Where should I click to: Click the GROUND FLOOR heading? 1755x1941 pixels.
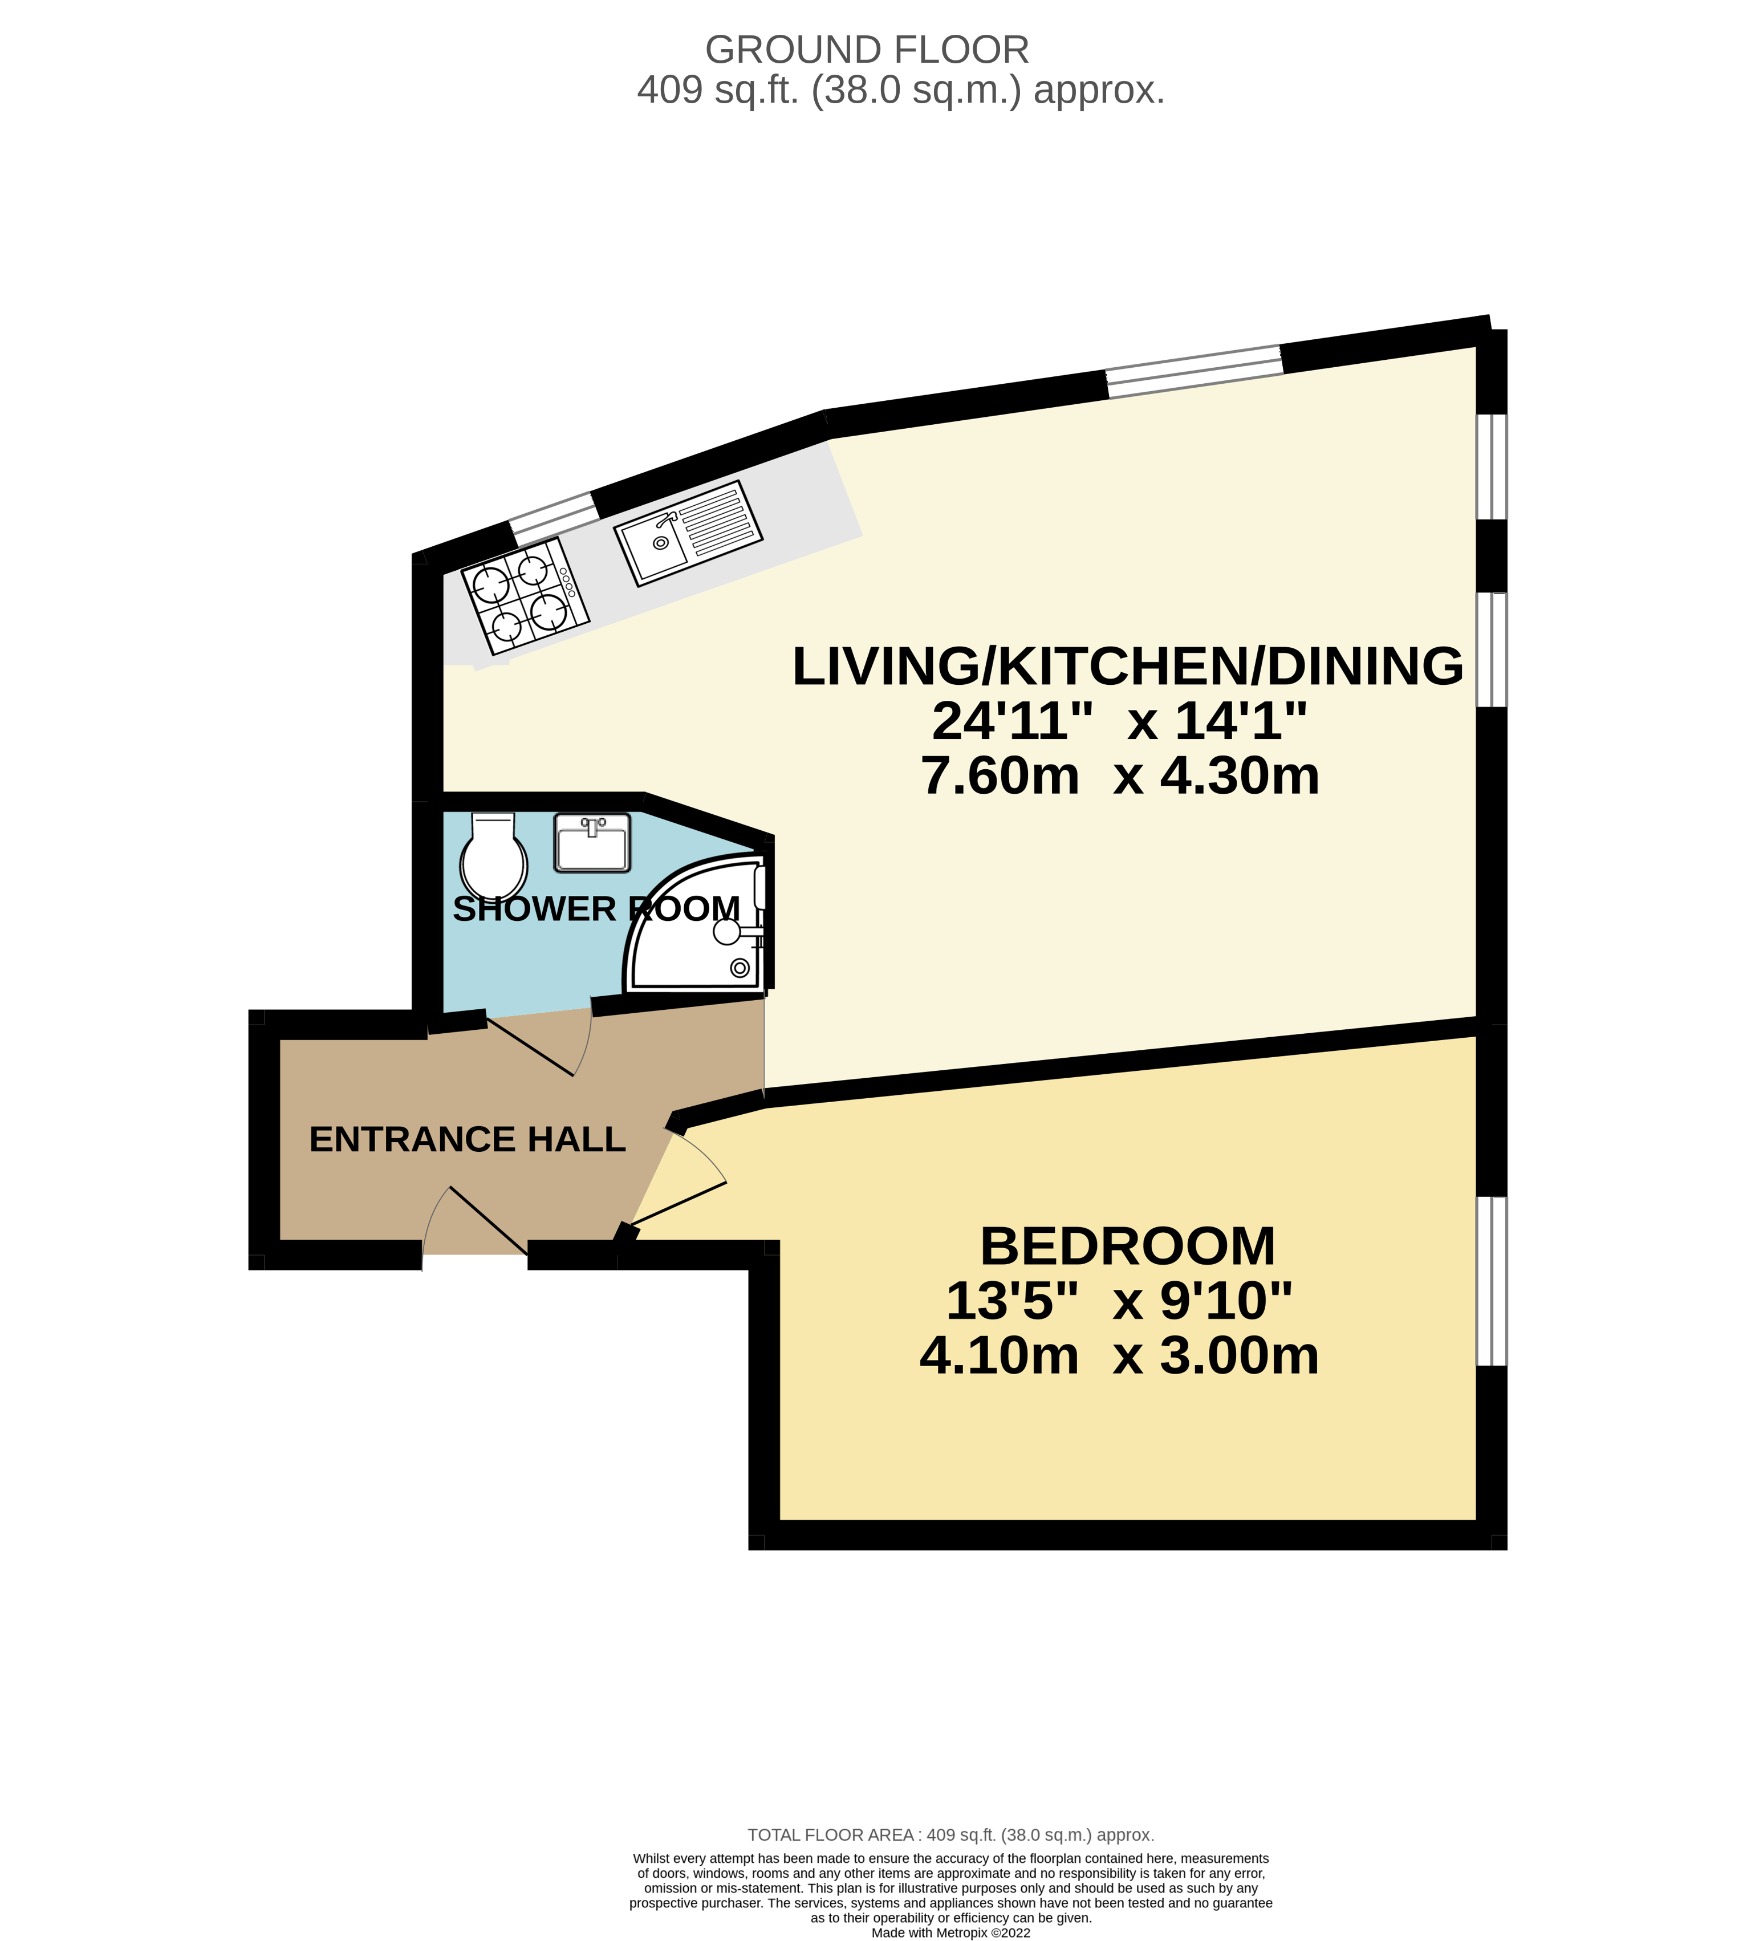867,50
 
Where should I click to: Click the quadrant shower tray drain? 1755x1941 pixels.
740,968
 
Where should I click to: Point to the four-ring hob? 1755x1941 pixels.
525,597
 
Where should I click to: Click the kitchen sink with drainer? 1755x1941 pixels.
688,533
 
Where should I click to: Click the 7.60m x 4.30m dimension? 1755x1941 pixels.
1120,776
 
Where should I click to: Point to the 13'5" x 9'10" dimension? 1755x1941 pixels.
1119,1301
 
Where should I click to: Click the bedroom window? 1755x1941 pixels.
1491,1281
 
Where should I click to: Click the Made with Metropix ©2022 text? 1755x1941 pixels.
950,1931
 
